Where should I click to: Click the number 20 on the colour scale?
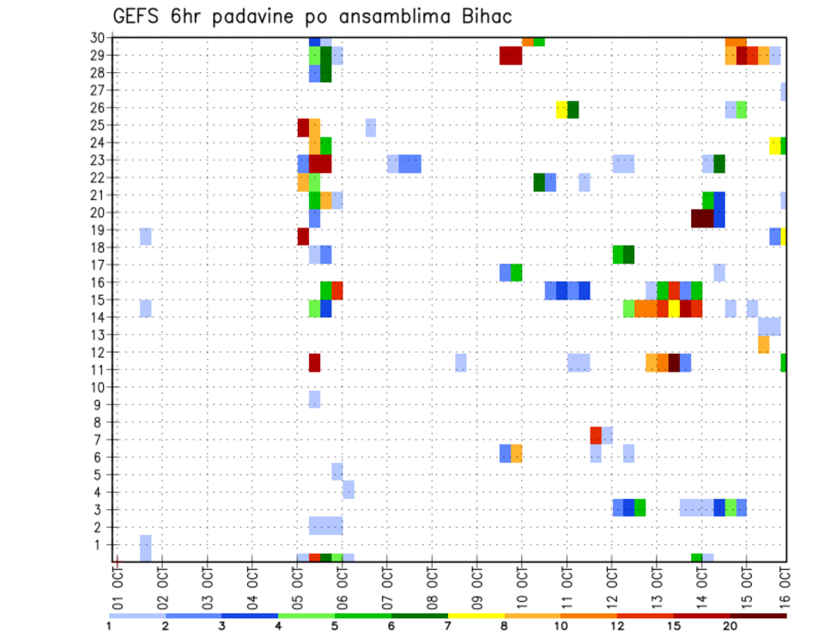[x=730, y=627]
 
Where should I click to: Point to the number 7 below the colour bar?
[x=447, y=627]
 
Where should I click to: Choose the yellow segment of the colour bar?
[x=476, y=616]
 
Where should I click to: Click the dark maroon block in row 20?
[x=702, y=218]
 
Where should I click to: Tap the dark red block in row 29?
[x=511, y=56]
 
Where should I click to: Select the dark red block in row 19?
[x=303, y=236]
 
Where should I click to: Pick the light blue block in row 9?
[x=314, y=399]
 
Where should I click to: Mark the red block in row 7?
[x=596, y=434]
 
